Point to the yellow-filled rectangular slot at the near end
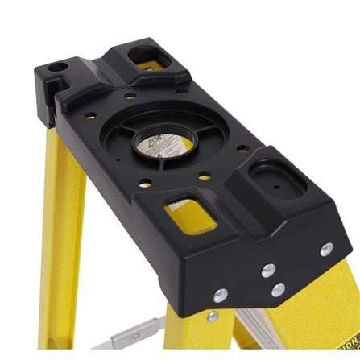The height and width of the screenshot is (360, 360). click(x=187, y=213)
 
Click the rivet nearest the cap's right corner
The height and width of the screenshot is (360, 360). click(x=325, y=249)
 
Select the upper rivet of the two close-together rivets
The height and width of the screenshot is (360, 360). click(x=268, y=270)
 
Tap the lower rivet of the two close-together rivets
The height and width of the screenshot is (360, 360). click(x=277, y=289)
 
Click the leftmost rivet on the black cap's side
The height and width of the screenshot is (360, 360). click(x=219, y=295)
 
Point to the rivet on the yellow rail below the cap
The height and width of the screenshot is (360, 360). click(x=213, y=317)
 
